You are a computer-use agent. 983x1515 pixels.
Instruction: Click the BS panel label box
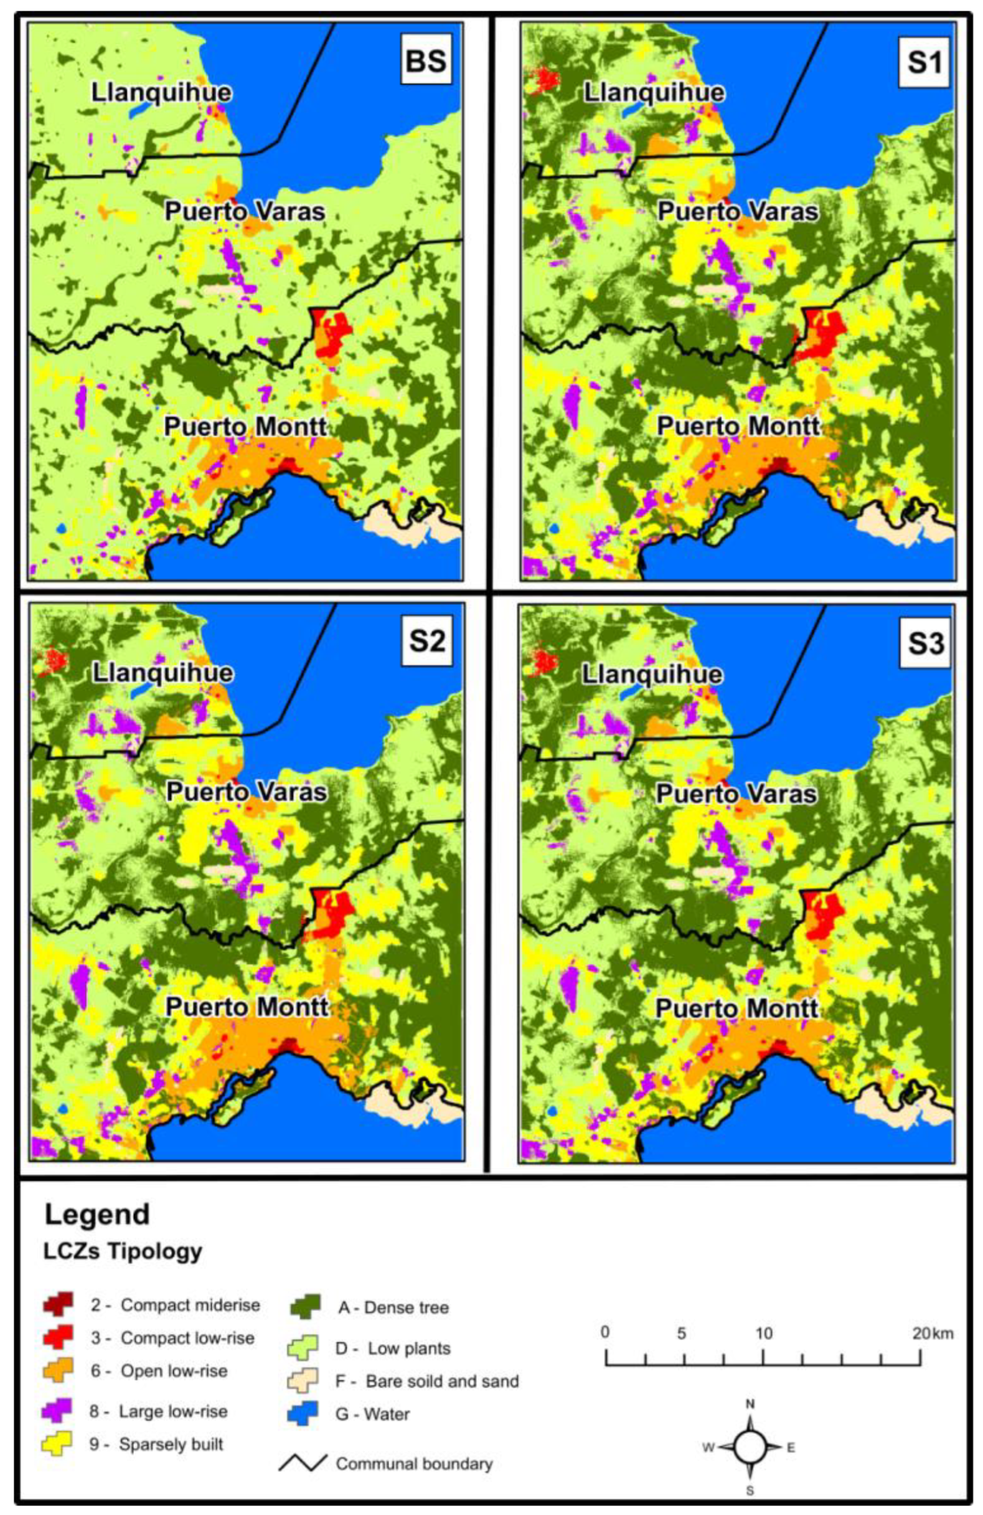pyautogui.click(x=426, y=62)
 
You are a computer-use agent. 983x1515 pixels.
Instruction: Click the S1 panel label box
pyautogui.click(x=923, y=62)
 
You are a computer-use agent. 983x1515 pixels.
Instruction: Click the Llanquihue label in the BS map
pyautogui.click(x=161, y=92)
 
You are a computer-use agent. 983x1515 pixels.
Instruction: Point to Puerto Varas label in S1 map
pyautogui.click(x=737, y=211)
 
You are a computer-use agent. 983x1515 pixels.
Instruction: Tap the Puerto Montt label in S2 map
pyautogui.click(x=247, y=1007)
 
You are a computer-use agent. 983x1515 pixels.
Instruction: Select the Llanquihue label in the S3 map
pyautogui.click(x=652, y=674)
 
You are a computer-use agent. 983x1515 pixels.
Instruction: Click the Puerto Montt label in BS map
pyautogui.click(x=246, y=427)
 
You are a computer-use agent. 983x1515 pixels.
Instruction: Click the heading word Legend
pyautogui.click(x=97, y=1215)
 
